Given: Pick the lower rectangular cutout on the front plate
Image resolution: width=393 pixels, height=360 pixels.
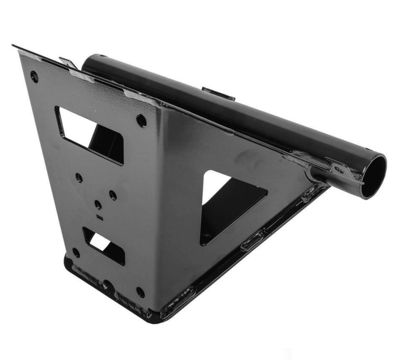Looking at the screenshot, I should pyautogui.click(x=104, y=245).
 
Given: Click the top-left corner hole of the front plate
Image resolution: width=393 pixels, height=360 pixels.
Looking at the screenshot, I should pyautogui.click(x=35, y=77).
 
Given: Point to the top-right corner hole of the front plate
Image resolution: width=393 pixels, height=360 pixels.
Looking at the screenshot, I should pyautogui.click(x=141, y=121).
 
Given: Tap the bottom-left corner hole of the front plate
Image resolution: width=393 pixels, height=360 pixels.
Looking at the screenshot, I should pyautogui.click(x=76, y=253).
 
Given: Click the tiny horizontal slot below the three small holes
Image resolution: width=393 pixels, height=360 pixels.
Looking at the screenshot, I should pyautogui.click(x=100, y=217).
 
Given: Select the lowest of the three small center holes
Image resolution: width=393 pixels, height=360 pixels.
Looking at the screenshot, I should pyautogui.click(x=98, y=205).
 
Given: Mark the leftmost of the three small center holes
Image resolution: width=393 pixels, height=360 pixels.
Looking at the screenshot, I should pyautogui.click(x=79, y=178).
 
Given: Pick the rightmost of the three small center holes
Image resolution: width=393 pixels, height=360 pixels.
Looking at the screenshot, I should pyautogui.click(x=113, y=195).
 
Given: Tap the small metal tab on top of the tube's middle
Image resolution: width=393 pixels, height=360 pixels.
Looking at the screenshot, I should pyautogui.click(x=218, y=94).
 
